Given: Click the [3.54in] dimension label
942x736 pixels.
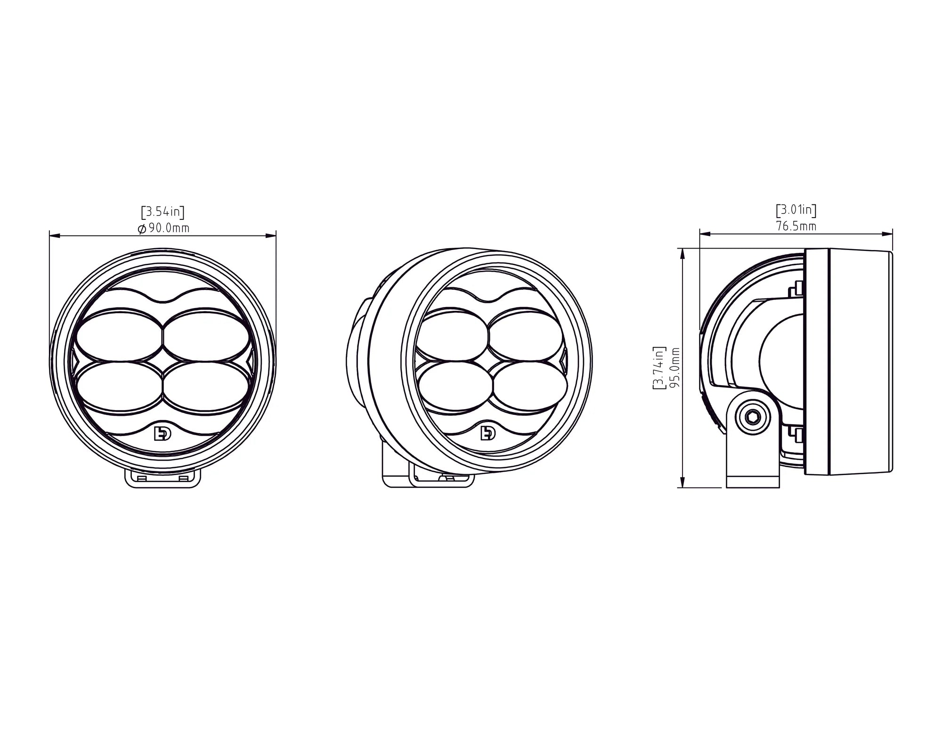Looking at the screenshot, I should click(x=162, y=212).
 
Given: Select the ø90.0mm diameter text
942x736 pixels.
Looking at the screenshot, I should click(x=163, y=228).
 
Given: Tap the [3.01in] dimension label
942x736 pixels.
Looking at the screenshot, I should click(x=796, y=210).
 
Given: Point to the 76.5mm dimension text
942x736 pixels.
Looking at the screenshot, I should click(x=796, y=226).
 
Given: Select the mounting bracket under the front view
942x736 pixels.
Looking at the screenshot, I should click(x=162, y=478).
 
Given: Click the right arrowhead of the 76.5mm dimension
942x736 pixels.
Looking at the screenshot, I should click(x=889, y=233).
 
